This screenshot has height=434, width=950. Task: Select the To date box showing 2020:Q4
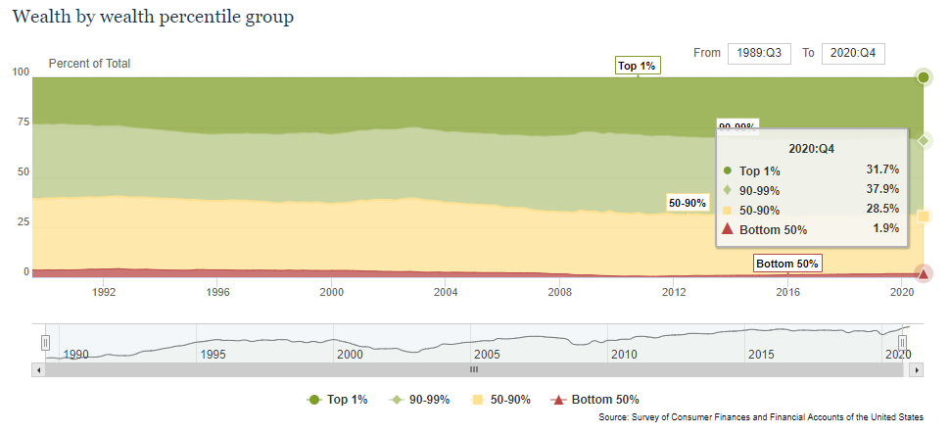[x=853, y=53]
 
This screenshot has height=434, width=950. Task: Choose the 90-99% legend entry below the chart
[x=421, y=400]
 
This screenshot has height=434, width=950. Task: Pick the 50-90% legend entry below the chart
[x=501, y=400]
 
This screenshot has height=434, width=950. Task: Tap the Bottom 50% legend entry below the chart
[x=596, y=400]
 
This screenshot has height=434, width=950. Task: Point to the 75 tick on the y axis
[x=21, y=122]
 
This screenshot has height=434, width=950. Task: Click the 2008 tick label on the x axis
[x=559, y=292]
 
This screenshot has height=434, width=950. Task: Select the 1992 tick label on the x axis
[x=105, y=292]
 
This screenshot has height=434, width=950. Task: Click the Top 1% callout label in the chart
[x=637, y=66]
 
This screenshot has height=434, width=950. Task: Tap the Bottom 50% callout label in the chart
[x=787, y=264]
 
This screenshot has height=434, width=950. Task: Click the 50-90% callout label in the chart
[x=688, y=203]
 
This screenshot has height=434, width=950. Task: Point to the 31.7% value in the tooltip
[x=882, y=169]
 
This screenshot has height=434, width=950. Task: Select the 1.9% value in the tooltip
[x=885, y=228]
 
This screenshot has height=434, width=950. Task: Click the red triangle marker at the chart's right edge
[x=923, y=273]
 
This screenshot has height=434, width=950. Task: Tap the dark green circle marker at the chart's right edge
[x=923, y=77]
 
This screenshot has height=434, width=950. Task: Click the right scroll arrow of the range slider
[x=918, y=369]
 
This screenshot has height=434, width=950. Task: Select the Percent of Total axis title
[x=89, y=64]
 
